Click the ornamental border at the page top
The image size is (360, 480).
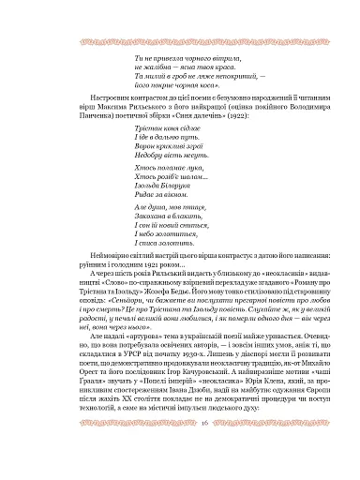180,16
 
